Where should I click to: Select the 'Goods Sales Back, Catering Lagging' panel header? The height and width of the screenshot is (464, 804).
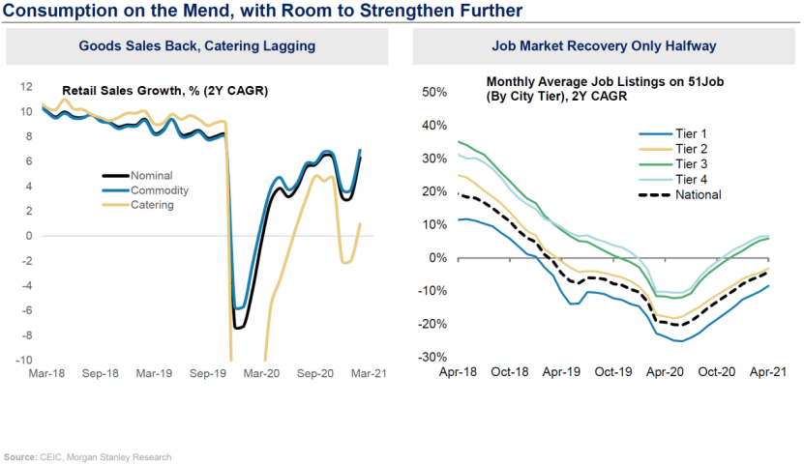pyautogui.click(x=198, y=46)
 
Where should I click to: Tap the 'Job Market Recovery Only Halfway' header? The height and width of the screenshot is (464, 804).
pyautogui.click(x=605, y=46)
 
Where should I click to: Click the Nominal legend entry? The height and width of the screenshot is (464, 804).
pyautogui.click(x=151, y=176)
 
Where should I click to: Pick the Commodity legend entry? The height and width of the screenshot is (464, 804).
pyautogui.click(x=159, y=190)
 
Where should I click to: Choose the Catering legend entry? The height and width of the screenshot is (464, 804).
pyautogui.click(x=153, y=205)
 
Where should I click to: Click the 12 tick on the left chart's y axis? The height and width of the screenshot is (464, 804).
pyautogui.click(x=27, y=86)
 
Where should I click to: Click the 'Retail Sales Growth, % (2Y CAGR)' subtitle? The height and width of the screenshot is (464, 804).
pyautogui.click(x=164, y=92)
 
